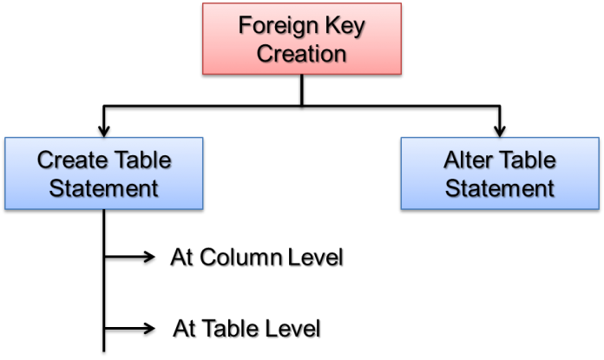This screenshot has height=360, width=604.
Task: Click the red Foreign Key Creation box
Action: [x=302, y=38]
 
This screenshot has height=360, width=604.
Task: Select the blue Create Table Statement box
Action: [x=104, y=173]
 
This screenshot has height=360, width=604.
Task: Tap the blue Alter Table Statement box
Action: [x=500, y=173]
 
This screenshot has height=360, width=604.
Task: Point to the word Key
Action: [x=347, y=25]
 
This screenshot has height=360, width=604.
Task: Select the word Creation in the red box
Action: [x=302, y=54]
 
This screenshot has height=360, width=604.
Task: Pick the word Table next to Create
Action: [x=142, y=160]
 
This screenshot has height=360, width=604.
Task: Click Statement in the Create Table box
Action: [x=104, y=188]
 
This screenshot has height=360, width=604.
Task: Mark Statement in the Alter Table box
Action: [x=500, y=188]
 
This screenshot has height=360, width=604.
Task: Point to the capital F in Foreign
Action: [x=245, y=26]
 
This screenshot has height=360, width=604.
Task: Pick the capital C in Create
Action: [x=44, y=160]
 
